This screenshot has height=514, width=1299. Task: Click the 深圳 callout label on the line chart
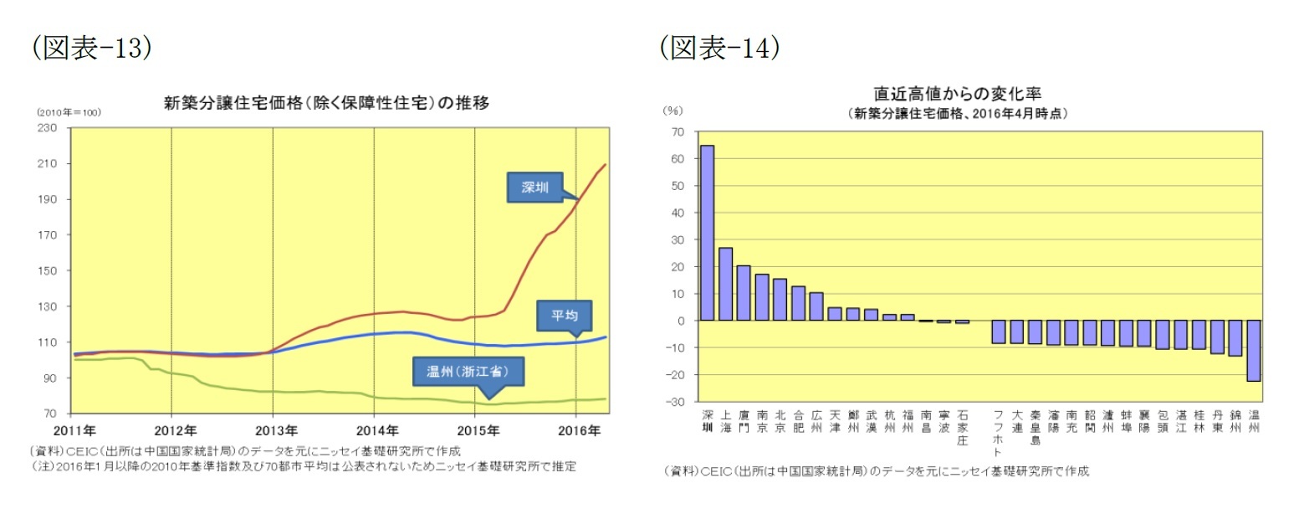click(x=534, y=188)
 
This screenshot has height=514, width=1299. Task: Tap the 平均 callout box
click(x=564, y=316)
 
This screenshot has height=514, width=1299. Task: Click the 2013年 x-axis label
click(x=273, y=430)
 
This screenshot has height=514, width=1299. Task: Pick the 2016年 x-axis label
click(x=576, y=430)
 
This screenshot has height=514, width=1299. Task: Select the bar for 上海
click(x=725, y=284)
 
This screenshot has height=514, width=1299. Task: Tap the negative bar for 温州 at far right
click(x=1253, y=351)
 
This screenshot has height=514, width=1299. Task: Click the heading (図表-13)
click(x=91, y=49)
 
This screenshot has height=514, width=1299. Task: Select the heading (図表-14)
click(x=719, y=49)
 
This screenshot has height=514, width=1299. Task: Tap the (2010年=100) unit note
click(x=69, y=111)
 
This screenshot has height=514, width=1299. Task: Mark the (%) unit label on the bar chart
click(x=673, y=110)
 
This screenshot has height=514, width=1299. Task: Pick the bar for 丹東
click(x=1217, y=337)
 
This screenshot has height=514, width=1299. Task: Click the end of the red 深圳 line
click(x=605, y=165)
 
